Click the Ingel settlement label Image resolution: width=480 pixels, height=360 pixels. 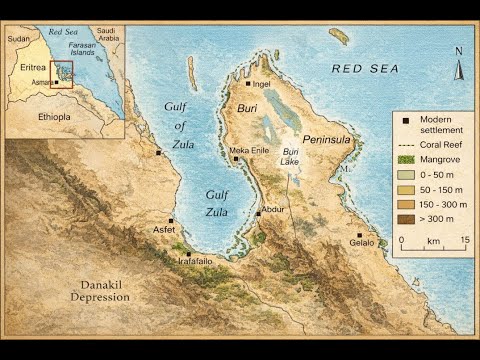click(263, 85)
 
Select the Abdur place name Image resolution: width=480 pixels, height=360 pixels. click(272, 209)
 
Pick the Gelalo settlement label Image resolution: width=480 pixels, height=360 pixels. click(363, 243)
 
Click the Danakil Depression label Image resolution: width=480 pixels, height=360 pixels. click(100, 291)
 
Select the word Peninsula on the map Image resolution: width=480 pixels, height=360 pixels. click(327, 139)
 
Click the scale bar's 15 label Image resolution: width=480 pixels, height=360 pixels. click(465, 241)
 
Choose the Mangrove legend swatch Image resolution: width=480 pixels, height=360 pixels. click(404, 159)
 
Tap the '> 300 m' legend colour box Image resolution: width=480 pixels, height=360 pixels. click(404, 218)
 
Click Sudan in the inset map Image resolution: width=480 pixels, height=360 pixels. click(19, 39)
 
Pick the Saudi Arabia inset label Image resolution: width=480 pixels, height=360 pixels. click(107, 35)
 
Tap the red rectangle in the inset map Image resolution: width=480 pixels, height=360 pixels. click(62, 75)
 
